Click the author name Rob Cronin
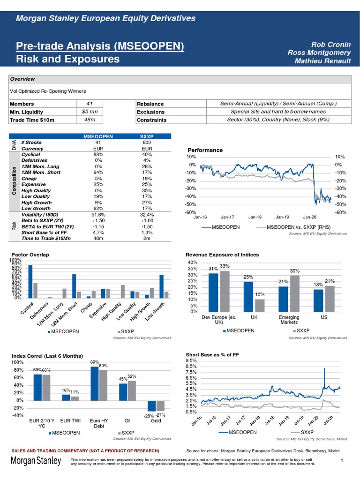[330, 44]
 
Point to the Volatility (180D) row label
[44, 214]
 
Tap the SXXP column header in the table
[146, 136]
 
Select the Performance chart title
[205, 150]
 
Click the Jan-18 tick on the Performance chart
[255, 217]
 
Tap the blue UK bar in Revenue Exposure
[248, 296]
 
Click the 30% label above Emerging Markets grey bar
[295, 271]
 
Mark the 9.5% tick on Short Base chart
[191, 360]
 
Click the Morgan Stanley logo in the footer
[36, 462]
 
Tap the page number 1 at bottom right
[343, 461]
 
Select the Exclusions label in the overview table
[150, 112]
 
